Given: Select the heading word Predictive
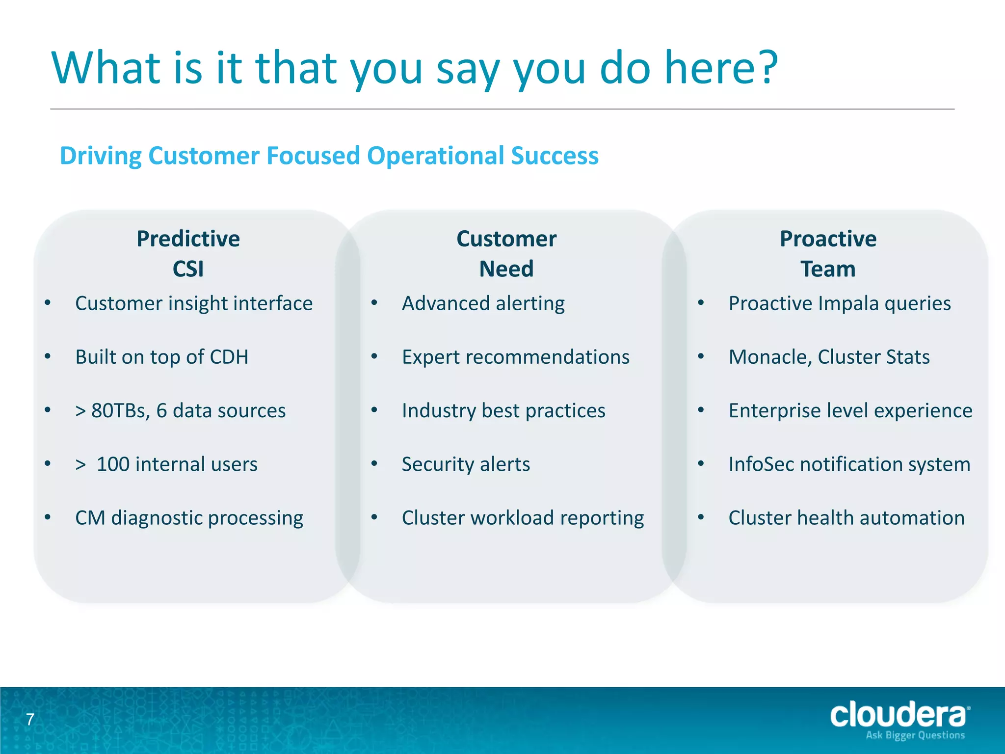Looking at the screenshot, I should pyautogui.click(x=188, y=239).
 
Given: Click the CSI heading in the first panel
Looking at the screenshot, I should pyautogui.click(x=188, y=269).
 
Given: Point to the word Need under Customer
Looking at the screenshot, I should pyautogui.click(x=506, y=269).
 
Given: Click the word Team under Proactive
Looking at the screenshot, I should pyautogui.click(x=828, y=269).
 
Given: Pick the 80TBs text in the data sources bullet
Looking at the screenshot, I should pyautogui.click(x=120, y=411).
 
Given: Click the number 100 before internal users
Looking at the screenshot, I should pyautogui.click(x=113, y=464).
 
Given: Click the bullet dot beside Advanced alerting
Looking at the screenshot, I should pyautogui.click(x=374, y=303).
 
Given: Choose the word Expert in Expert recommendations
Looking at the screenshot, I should pyautogui.click(x=430, y=357).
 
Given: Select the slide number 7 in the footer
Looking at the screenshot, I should pyautogui.click(x=30, y=720).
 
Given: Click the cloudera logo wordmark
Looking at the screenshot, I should pyautogui.click(x=899, y=715).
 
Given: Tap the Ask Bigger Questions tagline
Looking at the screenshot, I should pyautogui.click(x=915, y=735).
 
